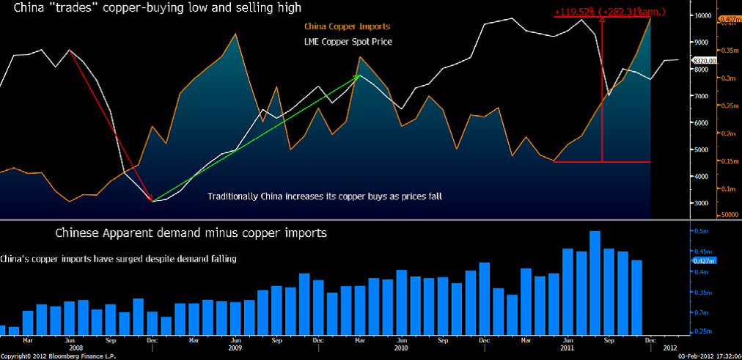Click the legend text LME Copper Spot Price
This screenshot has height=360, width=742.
[x=348, y=42]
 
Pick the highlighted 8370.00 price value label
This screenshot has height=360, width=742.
[x=703, y=61]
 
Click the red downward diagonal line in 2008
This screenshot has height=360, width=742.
[x=110, y=125]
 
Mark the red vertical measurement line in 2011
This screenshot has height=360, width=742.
[x=602, y=88]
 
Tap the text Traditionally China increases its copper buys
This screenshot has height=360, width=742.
[x=324, y=196]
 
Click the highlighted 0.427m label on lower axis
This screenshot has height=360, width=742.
[x=702, y=260]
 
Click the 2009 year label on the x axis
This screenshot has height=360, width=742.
[x=235, y=348]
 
